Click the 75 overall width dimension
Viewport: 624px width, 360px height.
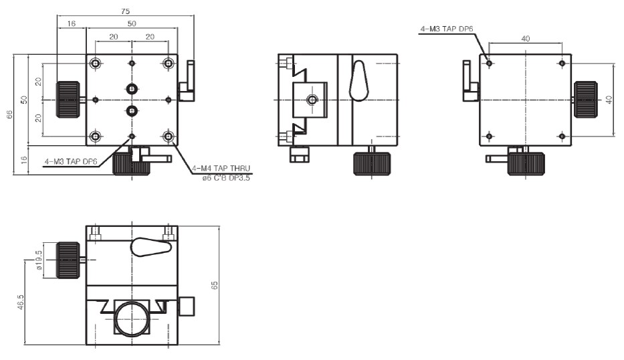point(125,11)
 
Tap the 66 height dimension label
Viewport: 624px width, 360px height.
point(9,114)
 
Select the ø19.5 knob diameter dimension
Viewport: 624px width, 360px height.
point(39,260)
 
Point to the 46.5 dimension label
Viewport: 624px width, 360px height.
point(21,302)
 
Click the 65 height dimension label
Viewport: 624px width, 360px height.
point(215,285)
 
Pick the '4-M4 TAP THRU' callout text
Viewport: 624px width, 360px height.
point(221,169)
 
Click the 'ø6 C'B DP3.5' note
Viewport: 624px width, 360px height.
point(226,178)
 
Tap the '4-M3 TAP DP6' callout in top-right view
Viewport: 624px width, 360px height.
point(447,29)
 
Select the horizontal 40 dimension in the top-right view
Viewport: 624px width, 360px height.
point(525,39)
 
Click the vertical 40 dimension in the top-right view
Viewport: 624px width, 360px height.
point(609,100)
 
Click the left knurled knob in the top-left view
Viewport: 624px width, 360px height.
point(68,100)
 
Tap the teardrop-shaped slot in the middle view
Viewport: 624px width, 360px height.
point(358,81)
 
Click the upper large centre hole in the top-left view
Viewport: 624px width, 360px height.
point(132,89)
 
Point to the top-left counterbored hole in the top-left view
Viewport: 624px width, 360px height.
point(95,64)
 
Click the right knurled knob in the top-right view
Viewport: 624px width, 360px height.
point(585,100)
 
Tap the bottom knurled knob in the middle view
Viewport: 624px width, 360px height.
point(372,164)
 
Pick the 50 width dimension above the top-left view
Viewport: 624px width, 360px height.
point(132,23)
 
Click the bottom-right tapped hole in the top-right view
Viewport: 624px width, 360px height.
point(562,137)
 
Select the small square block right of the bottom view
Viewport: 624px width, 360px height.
point(186,306)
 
